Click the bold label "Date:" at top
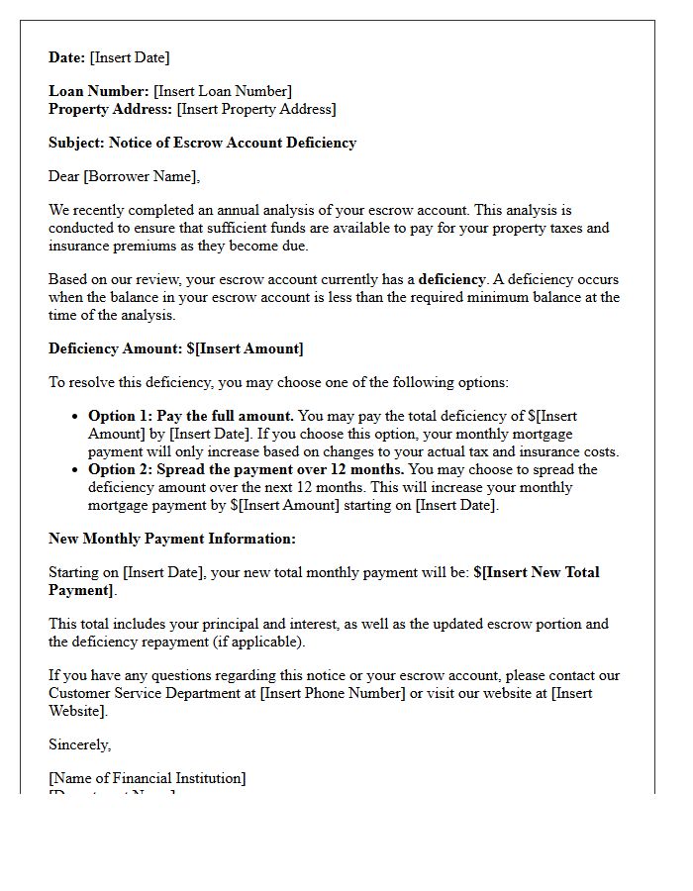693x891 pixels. tap(67, 57)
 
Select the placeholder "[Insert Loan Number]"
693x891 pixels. tap(223, 91)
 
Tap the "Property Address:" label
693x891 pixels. tap(111, 109)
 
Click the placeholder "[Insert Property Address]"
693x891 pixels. tap(256, 109)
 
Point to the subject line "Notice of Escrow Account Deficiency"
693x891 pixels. tap(233, 143)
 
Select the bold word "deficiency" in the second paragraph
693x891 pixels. tap(451, 279)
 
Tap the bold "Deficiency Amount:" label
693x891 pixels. tap(115, 348)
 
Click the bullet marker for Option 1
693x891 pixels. tap(75, 417)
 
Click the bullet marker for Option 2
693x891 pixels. tap(75, 469)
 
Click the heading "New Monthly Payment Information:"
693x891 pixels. tap(172, 539)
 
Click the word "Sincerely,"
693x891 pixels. tap(80, 744)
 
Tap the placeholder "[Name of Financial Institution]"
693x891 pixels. tap(148, 778)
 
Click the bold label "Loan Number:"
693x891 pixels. tap(99, 91)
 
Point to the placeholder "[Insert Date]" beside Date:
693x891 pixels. tap(130, 57)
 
